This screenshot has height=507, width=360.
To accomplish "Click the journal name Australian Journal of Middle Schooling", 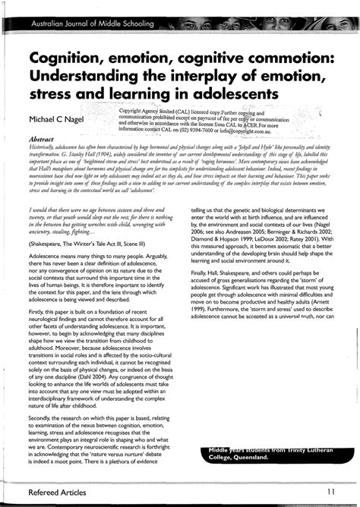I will click(90, 25).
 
